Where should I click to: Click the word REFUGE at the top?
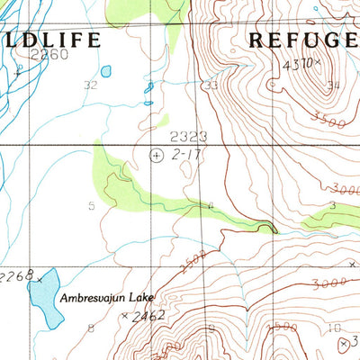click(301, 40)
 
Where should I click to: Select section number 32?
click(89, 85)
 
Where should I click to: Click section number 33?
click(211, 85)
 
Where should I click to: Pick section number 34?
click(334, 86)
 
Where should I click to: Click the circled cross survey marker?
click(157, 156)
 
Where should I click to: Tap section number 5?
click(91, 206)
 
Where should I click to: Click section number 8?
click(90, 328)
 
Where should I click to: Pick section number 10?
click(334, 328)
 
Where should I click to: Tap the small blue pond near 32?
click(107, 70)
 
